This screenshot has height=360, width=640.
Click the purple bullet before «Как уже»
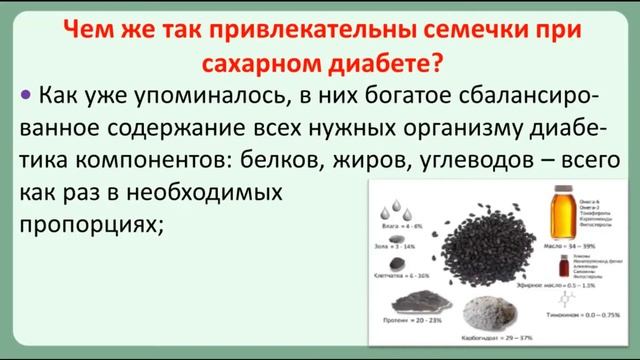[x=23, y=97]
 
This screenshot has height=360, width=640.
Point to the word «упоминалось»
[x=207, y=98]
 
